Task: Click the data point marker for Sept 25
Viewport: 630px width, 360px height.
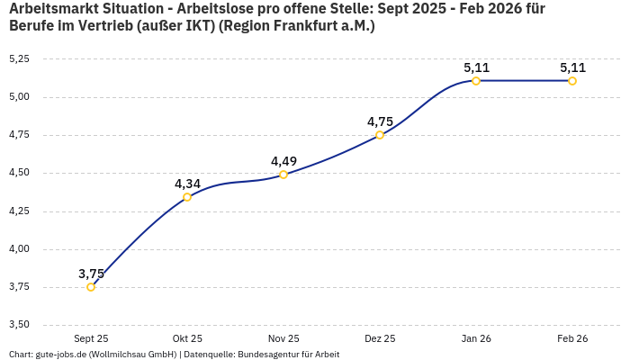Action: coord(91,287)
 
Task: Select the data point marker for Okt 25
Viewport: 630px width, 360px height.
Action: coord(187,197)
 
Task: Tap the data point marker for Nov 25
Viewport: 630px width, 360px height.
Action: coord(283,175)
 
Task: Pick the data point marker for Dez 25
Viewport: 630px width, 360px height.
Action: coord(380,135)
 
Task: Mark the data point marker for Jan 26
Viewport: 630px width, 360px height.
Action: coord(476,81)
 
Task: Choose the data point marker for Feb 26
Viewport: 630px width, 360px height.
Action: coord(572,81)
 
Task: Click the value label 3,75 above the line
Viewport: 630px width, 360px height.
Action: coord(91,274)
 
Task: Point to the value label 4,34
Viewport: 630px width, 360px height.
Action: coord(187,184)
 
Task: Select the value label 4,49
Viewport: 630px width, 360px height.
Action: coord(283,161)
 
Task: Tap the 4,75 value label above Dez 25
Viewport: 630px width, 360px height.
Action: coord(380,121)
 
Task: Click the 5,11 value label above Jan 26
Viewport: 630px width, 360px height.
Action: coord(476,67)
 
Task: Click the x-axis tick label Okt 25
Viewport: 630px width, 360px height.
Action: coord(187,338)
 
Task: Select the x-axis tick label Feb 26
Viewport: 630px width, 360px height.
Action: coord(572,338)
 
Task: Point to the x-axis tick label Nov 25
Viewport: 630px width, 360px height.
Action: coord(283,338)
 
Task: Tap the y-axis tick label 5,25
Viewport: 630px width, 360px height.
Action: coord(19,58)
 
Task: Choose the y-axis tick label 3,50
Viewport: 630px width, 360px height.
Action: coord(19,324)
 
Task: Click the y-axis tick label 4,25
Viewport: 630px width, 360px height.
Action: coord(19,211)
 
